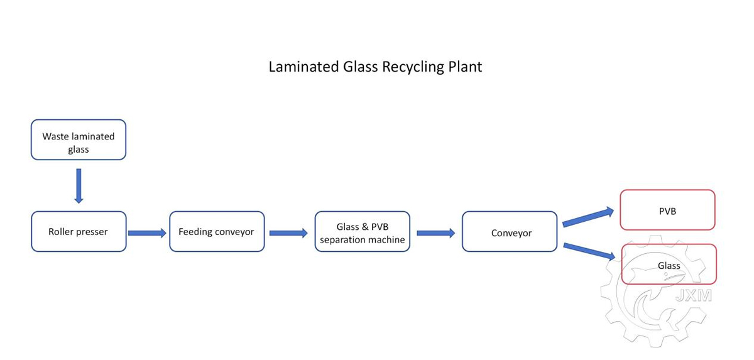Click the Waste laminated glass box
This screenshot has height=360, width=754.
click(79, 139)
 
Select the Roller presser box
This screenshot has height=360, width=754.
click(79, 231)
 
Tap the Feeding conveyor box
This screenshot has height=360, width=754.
click(217, 231)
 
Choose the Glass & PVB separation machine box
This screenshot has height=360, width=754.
click(363, 231)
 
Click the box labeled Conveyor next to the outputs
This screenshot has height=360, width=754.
click(510, 231)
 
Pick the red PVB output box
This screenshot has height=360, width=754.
click(668, 210)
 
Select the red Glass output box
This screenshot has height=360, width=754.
click(669, 264)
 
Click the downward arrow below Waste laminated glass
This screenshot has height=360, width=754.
click(79, 186)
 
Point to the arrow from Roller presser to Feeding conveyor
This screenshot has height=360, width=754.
click(147, 233)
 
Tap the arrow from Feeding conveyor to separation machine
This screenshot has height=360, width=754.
click(288, 233)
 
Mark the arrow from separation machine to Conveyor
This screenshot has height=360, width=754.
click(436, 233)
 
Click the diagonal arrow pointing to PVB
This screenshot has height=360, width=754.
click(588, 217)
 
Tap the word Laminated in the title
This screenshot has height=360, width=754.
click(304, 66)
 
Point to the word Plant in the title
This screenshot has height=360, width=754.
click(465, 66)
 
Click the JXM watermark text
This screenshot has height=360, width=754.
click(694, 296)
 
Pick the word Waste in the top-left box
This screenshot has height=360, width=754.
click(54, 136)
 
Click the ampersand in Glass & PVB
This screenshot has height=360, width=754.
click(364, 227)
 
